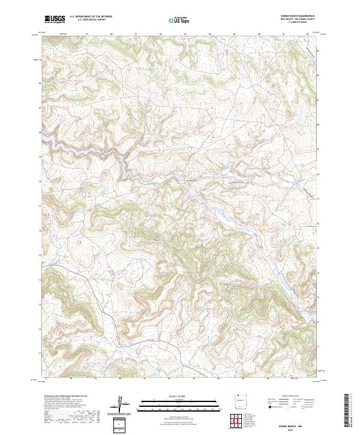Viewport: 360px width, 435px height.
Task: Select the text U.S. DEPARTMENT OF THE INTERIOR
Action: tap(91, 17)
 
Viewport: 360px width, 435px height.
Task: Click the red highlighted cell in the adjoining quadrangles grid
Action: tap(235, 421)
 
